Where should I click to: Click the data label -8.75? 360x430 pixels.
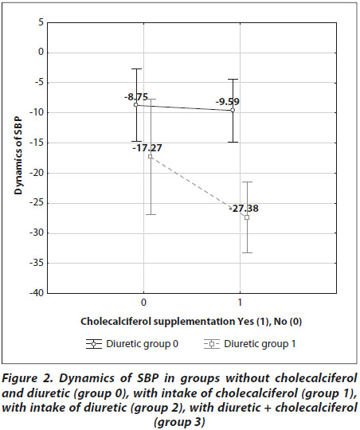click(x=136, y=97)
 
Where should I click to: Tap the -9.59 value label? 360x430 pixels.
click(x=228, y=102)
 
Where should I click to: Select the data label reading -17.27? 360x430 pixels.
click(x=147, y=148)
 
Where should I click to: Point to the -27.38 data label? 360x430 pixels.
click(x=244, y=209)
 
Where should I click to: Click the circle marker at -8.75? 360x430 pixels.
click(x=136, y=105)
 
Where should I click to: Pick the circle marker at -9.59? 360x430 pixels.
click(x=233, y=110)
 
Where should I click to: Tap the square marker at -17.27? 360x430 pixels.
click(x=150, y=157)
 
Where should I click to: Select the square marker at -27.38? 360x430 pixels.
click(x=247, y=217)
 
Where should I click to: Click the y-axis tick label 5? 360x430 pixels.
click(x=41, y=22)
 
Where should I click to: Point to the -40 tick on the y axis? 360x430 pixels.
click(x=37, y=293)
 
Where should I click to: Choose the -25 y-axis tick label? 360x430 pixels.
click(x=37, y=203)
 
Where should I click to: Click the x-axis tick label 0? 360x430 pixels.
click(x=143, y=303)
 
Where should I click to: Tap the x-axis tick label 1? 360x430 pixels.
click(x=240, y=303)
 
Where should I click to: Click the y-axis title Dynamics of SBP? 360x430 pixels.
click(x=18, y=156)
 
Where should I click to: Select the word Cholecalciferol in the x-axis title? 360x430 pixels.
click(x=115, y=321)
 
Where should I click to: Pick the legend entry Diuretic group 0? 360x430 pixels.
click(x=132, y=344)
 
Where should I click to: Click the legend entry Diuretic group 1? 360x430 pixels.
click(x=250, y=344)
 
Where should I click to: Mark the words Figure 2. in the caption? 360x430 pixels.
click(x=26, y=378)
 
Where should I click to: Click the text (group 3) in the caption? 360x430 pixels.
click(x=179, y=422)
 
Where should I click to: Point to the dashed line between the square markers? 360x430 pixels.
click(x=198, y=187)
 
